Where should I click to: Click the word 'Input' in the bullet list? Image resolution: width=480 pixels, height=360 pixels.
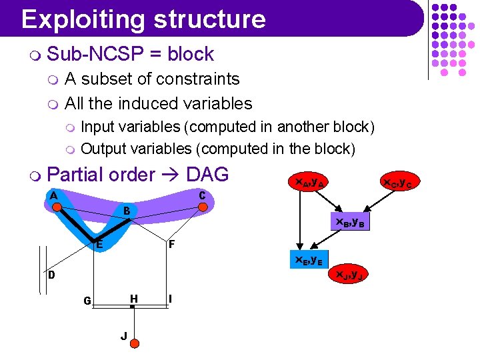coord(99,127)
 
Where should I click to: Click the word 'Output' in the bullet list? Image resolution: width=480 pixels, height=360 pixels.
coord(105,148)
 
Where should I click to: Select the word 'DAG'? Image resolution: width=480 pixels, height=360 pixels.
coord(207,175)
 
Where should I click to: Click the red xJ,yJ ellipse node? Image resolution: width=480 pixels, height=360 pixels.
coord(349,273)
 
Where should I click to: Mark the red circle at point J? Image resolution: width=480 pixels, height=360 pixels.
coord(134,343)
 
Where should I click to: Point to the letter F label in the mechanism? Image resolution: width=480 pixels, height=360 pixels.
coord(171,245)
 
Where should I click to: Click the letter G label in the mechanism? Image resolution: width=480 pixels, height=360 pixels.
coord(87,301)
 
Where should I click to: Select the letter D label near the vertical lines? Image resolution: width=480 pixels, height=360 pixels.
coord(51,275)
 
